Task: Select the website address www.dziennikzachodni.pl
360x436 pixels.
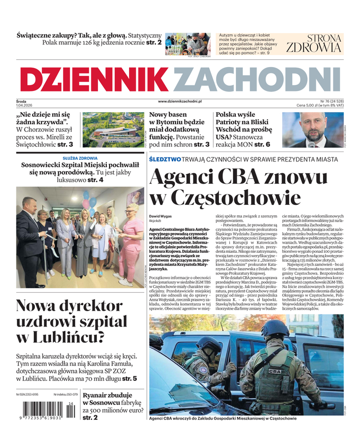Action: (180, 101)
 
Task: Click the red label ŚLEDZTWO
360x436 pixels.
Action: (165, 159)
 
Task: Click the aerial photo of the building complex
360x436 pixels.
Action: (113, 130)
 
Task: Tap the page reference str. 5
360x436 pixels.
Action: (130, 378)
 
